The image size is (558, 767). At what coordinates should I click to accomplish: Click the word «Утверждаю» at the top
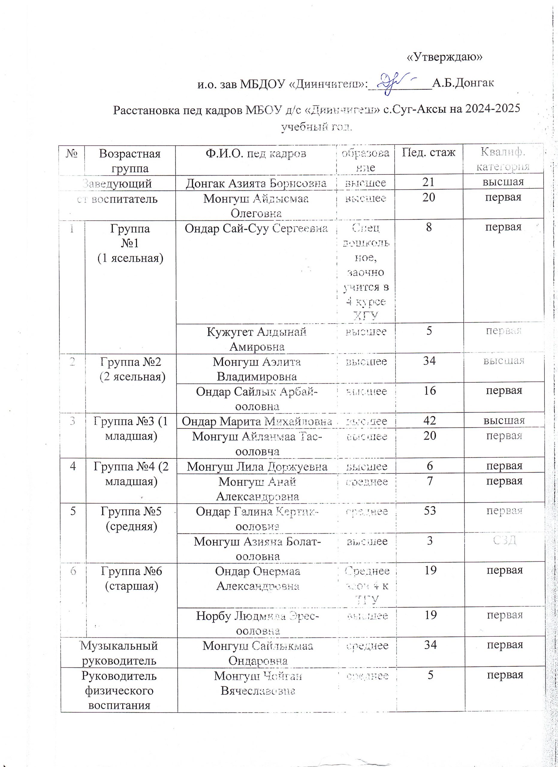pyautogui.click(x=444, y=57)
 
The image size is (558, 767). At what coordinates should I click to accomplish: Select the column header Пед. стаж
pyautogui.click(x=428, y=153)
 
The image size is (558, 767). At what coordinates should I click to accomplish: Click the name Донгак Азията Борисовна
pyautogui.click(x=256, y=183)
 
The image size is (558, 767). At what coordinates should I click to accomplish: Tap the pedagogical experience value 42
pyautogui.click(x=429, y=420)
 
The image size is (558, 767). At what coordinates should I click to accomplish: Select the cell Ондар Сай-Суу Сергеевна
pyautogui.click(x=256, y=228)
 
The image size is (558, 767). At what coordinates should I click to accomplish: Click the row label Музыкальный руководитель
pyautogui.click(x=119, y=653)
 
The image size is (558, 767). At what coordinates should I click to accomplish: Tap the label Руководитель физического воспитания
pyautogui.click(x=119, y=690)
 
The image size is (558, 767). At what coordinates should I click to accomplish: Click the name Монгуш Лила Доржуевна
pyautogui.click(x=257, y=467)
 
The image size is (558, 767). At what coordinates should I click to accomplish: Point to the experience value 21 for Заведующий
pyautogui.click(x=428, y=182)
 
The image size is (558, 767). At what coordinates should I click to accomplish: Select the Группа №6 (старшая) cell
pyautogui.click(x=132, y=579)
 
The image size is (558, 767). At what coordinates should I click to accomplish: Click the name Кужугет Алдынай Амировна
pyautogui.click(x=257, y=339)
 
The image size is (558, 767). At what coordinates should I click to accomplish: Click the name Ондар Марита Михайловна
pyautogui.click(x=257, y=421)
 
